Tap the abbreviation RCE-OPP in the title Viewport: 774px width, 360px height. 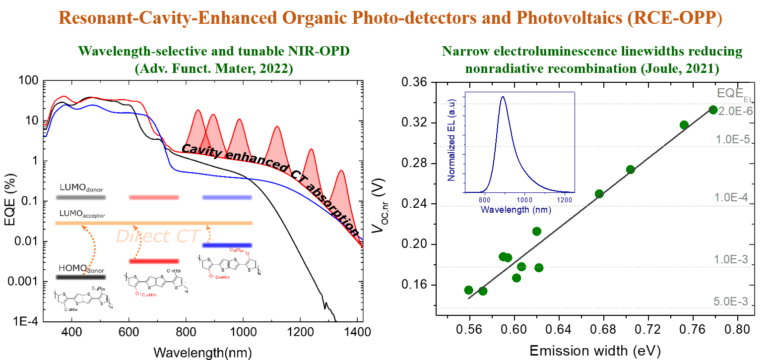click(x=674, y=18)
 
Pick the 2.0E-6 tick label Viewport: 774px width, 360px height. click(x=735, y=111)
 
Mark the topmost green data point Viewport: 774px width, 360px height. click(x=713, y=110)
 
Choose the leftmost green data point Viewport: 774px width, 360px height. click(x=468, y=290)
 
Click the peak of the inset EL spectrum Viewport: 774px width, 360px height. click(x=503, y=97)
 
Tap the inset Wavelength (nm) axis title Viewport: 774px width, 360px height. click(x=516, y=210)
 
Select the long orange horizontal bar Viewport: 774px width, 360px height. click(x=154, y=223)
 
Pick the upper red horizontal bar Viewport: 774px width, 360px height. click(x=154, y=197)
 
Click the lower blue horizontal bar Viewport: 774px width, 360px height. click(x=227, y=245)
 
